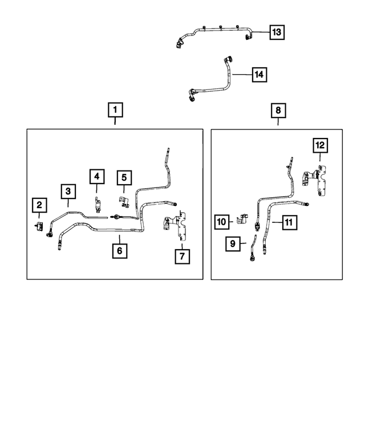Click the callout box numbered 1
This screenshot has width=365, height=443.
(x=115, y=109)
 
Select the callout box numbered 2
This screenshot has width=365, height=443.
(x=39, y=205)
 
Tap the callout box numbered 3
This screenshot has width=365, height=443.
(x=68, y=191)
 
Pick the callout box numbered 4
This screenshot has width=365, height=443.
(x=97, y=177)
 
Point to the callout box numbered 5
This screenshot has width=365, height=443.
(x=124, y=177)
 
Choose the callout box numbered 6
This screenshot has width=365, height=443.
(x=120, y=250)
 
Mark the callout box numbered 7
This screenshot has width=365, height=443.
(x=182, y=256)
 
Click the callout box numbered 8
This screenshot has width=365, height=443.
(x=278, y=110)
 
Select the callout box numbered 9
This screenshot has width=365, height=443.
(x=233, y=243)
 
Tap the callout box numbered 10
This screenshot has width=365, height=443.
(x=221, y=222)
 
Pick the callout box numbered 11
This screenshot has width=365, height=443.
(x=289, y=222)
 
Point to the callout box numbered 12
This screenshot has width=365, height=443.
(x=320, y=145)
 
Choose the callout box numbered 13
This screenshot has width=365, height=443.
(x=277, y=32)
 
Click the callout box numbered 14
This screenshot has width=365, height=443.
(x=259, y=75)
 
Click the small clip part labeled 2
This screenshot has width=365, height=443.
(x=39, y=226)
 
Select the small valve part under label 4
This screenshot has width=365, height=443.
(x=98, y=205)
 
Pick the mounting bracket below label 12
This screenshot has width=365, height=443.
(x=315, y=180)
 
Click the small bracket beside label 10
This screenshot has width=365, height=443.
(x=242, y=220)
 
